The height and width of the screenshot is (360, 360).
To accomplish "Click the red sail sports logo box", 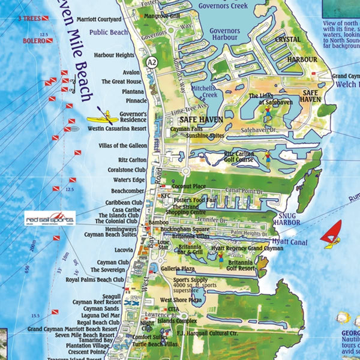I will coord(50,219).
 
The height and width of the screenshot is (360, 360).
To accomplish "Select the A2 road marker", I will coord(153,61).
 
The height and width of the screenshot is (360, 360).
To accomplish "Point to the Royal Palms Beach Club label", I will coord(94,279).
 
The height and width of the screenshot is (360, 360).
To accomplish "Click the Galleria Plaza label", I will coord(179,269).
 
